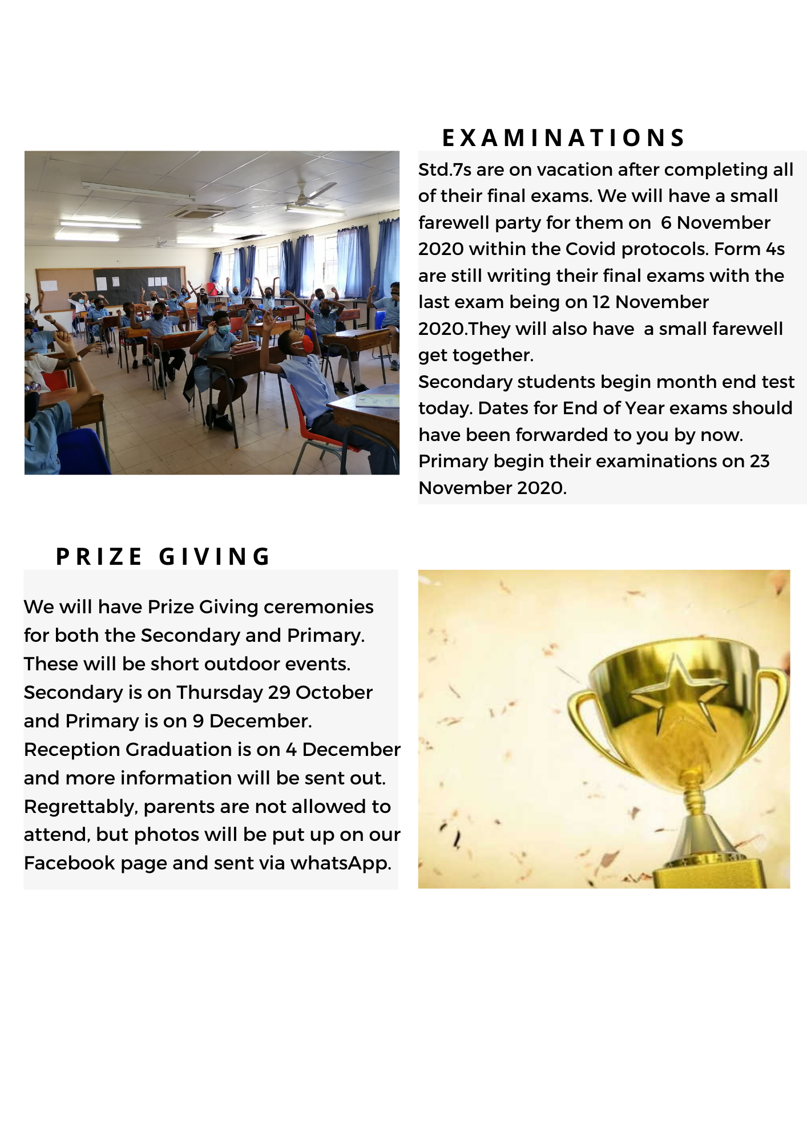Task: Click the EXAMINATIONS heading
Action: pos(563,138)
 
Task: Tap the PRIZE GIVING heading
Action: pos(163,557)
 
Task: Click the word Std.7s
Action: pos(445,170)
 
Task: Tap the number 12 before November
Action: pos(601,302)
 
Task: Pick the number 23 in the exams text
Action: pos(760,461)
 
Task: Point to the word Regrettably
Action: pos(81,807)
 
